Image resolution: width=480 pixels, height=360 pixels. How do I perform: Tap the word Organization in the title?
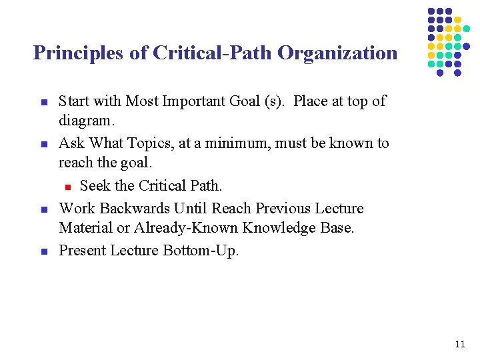pos(337,53)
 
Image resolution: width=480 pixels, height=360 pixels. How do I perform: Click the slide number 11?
pos(459,345)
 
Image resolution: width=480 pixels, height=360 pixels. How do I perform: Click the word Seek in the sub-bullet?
pos(95,186)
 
